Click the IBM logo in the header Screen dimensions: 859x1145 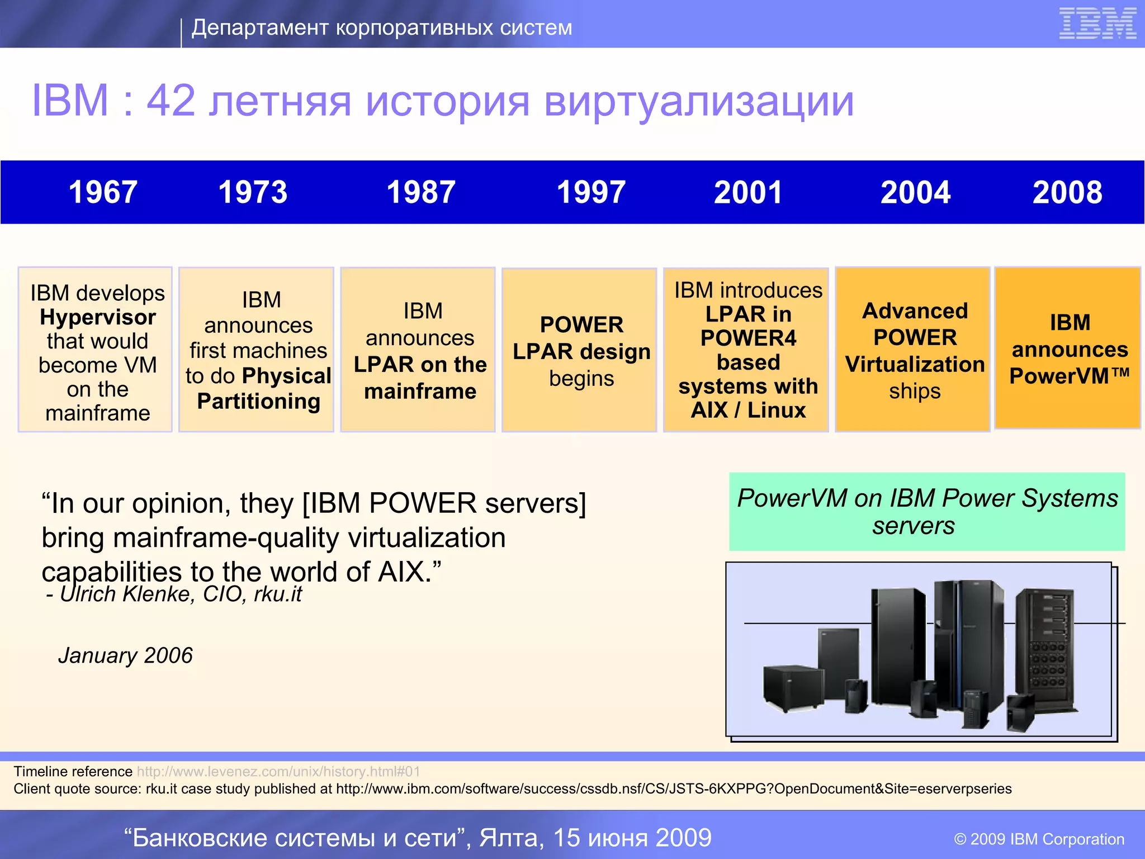click(1097, 24)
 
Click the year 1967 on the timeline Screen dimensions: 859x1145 click(103, 192)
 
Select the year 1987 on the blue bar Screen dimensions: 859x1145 click(421, 192)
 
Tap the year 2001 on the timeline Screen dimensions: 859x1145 click(748, 192)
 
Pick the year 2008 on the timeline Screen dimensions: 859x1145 click(1067, 192)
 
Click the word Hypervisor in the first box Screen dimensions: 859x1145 click(98, 318)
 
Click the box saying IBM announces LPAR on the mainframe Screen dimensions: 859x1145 click(418, 350)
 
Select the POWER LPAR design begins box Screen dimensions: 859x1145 click(579, 350)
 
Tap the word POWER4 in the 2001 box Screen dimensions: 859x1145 click(748, 338)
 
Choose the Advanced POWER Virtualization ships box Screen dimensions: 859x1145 click(912, 350)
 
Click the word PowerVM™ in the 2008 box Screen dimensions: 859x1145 click(1069, 376)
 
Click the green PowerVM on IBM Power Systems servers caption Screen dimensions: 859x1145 click(927, 512)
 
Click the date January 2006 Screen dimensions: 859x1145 click(125, 655)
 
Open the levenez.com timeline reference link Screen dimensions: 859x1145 click(278, 772)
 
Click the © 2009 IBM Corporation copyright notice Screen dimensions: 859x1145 click(1039, 839)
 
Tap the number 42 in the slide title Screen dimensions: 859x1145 click(171, 101)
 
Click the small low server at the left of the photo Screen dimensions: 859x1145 click(793, 688)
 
